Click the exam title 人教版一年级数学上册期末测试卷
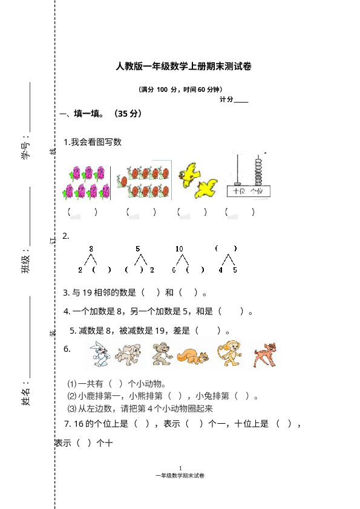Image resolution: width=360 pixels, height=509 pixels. point(183,66)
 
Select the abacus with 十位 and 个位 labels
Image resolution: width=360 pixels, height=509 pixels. point(249,175)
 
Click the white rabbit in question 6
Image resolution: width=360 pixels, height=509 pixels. point(100,354)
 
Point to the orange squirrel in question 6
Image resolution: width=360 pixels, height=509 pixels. point(194,357)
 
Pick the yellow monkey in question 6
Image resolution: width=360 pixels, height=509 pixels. point(230,353)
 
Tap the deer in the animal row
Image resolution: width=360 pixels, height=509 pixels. point(265,355)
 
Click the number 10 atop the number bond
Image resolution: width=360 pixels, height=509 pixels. point(179,249)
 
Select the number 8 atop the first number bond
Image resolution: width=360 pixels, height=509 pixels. point(91,249)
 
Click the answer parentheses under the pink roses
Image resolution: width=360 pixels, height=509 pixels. point(82,212)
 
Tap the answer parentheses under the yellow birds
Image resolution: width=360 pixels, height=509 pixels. point(192,212)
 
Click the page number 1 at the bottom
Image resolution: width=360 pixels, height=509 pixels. point(180,468)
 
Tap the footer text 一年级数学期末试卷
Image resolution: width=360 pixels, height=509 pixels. point(180,476)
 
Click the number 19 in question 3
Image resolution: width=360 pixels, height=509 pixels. point(87,293)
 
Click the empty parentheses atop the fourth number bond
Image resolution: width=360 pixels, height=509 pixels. point(226,248)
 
